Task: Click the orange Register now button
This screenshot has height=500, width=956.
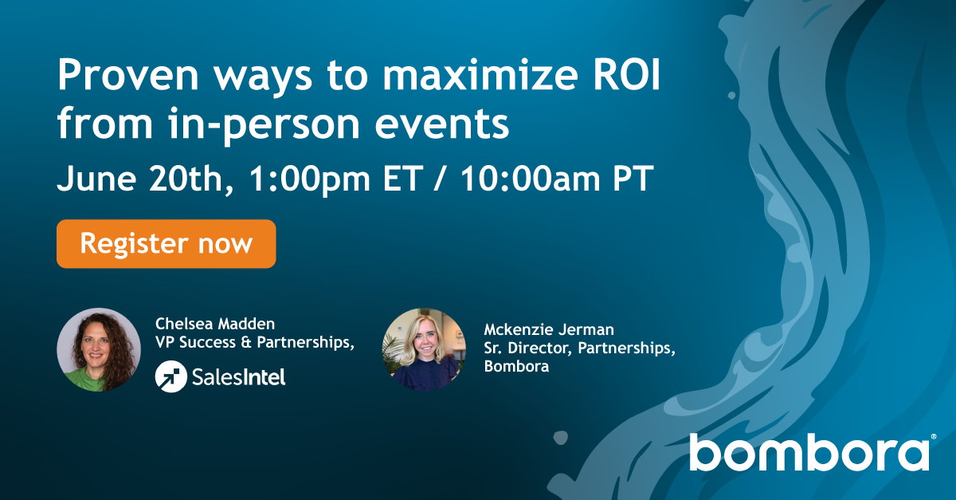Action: tap(166, 244)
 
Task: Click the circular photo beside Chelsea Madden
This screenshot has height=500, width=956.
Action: tap(99, 349)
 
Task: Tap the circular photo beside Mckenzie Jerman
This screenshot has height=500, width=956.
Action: tap(423, 349)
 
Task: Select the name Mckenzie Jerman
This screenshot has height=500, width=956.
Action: tap(539, 329)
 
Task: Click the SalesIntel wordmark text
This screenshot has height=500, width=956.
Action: tap(238, 376)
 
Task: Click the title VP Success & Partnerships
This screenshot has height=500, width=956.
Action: tap(254, 342)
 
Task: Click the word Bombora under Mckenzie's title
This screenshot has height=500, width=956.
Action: tap(511, 367)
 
